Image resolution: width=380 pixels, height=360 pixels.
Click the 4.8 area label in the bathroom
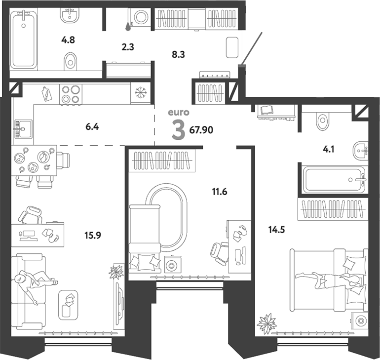point(68,40)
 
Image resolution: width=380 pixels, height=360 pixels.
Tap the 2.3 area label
point(128,47)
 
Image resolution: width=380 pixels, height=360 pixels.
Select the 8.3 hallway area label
point(178,54)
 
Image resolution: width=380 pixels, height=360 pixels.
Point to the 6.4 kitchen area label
point(92,126)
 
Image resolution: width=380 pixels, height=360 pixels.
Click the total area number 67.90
point(201,130)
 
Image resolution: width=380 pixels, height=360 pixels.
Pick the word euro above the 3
point(179,113)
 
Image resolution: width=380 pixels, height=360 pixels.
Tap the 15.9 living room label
point(93,235)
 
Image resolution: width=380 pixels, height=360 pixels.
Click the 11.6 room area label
point(220,192)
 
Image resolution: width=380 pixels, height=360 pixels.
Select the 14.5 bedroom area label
point(276,229)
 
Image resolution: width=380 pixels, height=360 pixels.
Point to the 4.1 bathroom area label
point(329,149)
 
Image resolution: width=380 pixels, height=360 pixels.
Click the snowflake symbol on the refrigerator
point(140,93)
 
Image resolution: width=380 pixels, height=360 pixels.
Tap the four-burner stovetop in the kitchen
point(71,94)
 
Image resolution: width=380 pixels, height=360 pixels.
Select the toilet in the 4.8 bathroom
point(70,62)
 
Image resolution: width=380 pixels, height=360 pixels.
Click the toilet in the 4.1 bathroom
point(322,120)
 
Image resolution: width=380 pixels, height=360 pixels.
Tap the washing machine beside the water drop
point(140,17)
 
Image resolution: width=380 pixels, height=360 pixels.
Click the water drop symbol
point(128,27)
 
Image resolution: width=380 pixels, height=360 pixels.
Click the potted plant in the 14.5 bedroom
point(267,323)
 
